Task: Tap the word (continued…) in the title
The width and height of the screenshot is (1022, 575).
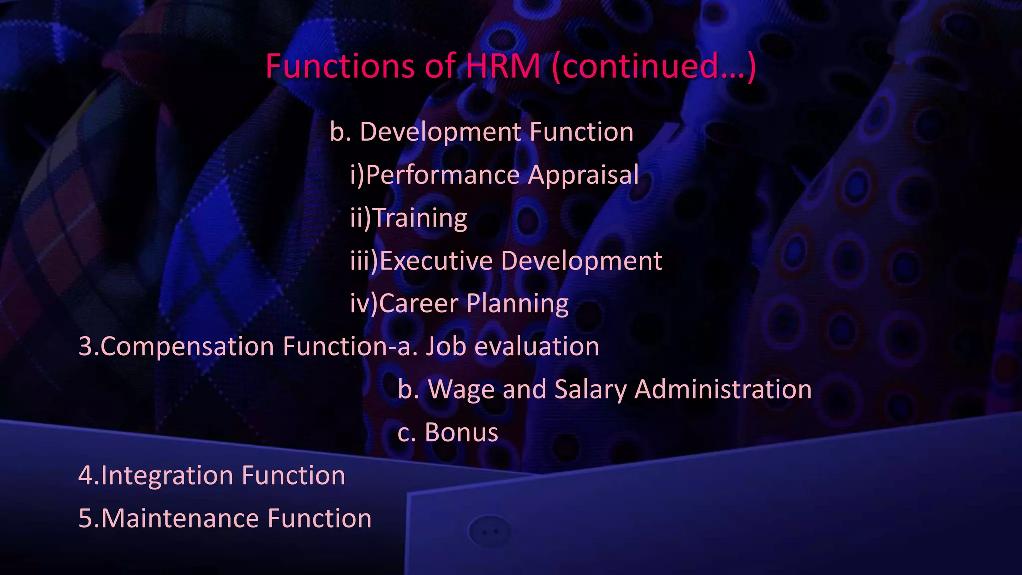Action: pyautogui.click(x=654, y=67)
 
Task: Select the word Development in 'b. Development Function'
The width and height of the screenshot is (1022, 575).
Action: pyautogui.click(x=441, y=133)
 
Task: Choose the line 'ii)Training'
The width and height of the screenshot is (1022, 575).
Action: pyautogui.click(x=409, y=218)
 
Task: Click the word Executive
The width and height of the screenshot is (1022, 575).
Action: pyautogui.click(x=436, y=261)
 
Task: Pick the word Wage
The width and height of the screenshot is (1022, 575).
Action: pyautogui.click(x=461, y=390)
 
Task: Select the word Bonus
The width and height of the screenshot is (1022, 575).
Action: pyautogui.click(x=461, y=432)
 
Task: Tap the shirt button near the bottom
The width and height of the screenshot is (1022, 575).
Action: pyautogui.click(x=489, y=531)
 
